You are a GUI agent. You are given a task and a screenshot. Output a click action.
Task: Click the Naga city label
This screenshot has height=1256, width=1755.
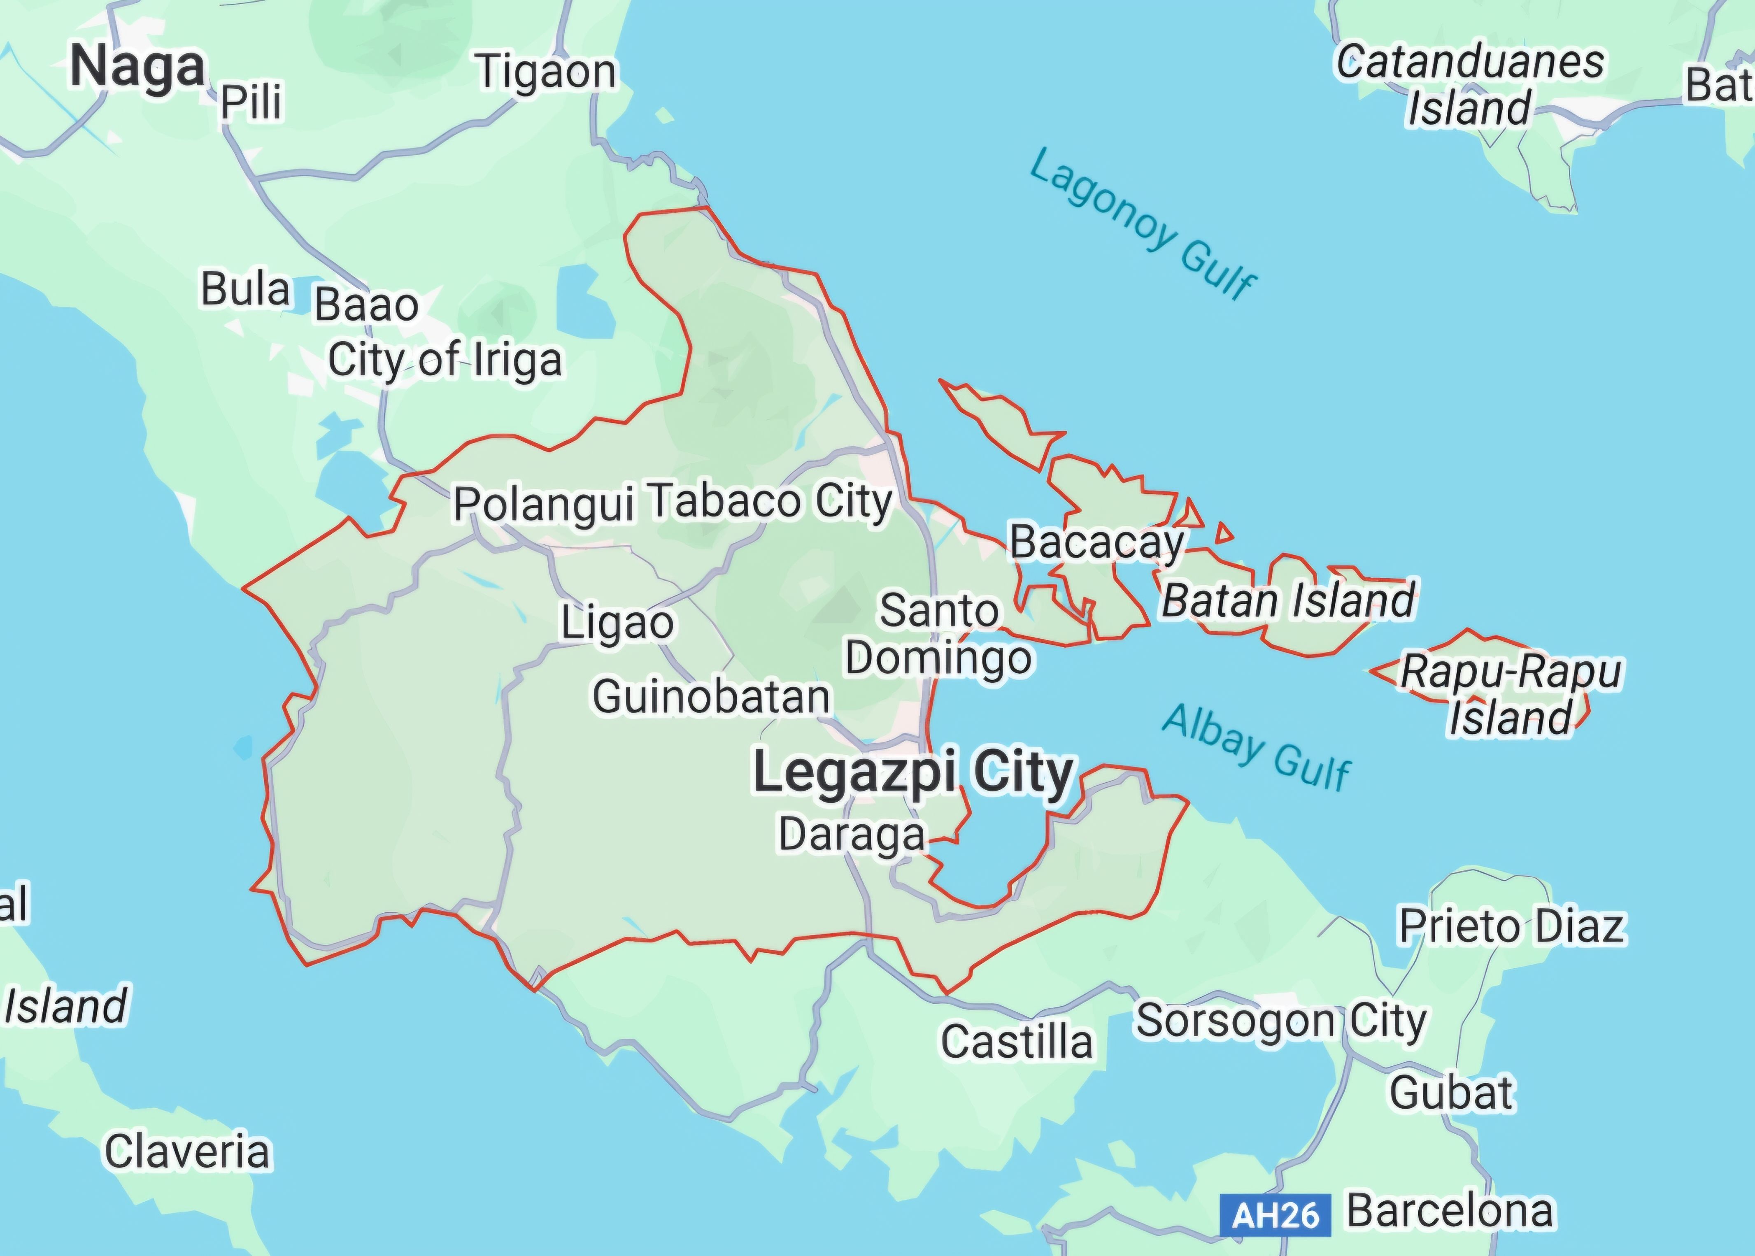coord(138,67)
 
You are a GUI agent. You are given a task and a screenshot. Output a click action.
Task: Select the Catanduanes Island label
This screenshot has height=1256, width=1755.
coord(1470,85)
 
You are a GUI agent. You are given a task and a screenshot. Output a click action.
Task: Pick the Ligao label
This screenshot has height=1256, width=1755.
coord(617,623)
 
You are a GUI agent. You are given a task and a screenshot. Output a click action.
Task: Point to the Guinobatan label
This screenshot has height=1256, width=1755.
coord(711,697)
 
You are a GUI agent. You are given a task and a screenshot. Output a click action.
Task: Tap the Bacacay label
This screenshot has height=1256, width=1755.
coord(1097,542)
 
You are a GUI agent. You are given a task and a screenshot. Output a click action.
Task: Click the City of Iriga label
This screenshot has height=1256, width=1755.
coord(445,361)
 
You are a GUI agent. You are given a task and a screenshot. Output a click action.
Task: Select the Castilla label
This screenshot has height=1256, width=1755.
coord(1016,1041)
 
